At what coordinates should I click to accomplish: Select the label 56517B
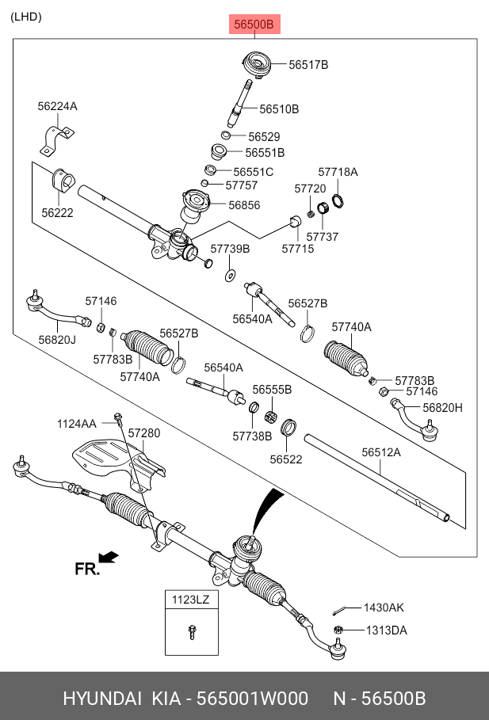[308, 65]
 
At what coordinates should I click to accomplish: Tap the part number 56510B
[279, 109]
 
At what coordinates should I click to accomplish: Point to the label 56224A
[57, 106]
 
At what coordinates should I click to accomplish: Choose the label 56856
[244, 204]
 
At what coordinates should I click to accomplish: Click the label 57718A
[338, 172]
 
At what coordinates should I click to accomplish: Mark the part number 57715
[297, 249]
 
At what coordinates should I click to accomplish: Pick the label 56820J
[56, 340]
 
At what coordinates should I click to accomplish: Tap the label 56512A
[381, 452]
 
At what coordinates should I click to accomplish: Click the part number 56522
[286, 459]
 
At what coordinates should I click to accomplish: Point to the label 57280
[144, 433]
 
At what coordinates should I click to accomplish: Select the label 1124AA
[76, 424]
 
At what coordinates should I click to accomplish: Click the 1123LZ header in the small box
[190, 600]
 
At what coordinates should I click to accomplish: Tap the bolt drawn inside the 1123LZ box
[191, 631]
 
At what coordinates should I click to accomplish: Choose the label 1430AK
[384, 608]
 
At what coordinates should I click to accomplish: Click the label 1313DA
[385, 630]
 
